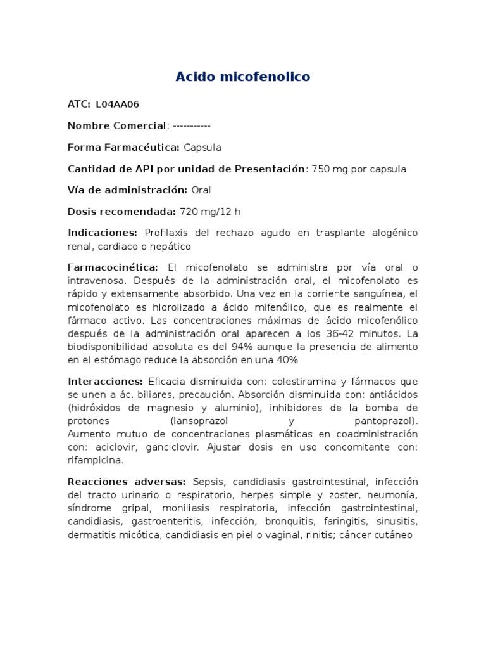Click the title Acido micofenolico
point(243,77)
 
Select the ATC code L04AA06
point(117,105)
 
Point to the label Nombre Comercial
point(117,126)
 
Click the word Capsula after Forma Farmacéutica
point(202,148)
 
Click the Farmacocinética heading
point(113,267)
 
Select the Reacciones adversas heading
point(126,482)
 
